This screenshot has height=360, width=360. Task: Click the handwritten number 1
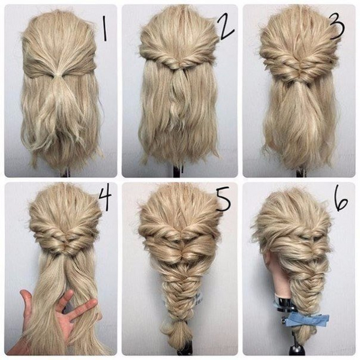pyautogui.click(x=104, y=29)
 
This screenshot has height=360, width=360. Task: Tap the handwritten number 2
pyautogui.click(x=226, y=28)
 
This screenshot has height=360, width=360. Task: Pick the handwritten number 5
pyautogui.click(x=223, y=199)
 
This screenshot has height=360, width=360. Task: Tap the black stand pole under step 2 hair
pyautogui.click(x=177, y=172)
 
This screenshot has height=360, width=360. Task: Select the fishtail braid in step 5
pyautogui.click(x=176, y=294)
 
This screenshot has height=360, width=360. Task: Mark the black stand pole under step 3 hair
pyautogui.click(x=300, y=173)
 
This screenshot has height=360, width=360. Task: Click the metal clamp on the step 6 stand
pyautogui.click(x=284, y=305)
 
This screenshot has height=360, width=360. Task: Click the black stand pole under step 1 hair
pyautogui.click(x=65, y=173)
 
